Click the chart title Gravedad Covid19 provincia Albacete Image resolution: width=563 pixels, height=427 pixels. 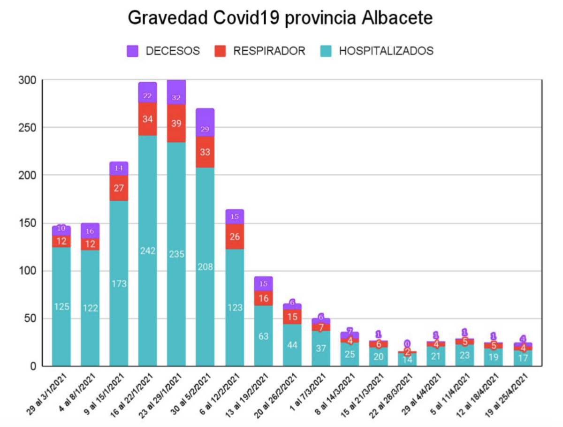point(280,18)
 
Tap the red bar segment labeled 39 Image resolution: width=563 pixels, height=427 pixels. point(176,123)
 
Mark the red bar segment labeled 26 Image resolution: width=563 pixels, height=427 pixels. point(235,236)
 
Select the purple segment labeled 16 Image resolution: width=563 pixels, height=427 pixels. point(90,230)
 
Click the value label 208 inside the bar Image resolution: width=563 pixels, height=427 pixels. point(205,267)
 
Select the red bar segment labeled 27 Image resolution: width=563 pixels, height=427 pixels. point(119,188)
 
